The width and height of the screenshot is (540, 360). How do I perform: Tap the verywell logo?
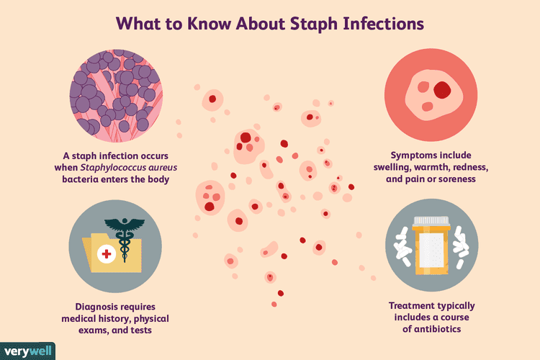click(27, 351)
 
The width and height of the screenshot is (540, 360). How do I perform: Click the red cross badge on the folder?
click(107, 253)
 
